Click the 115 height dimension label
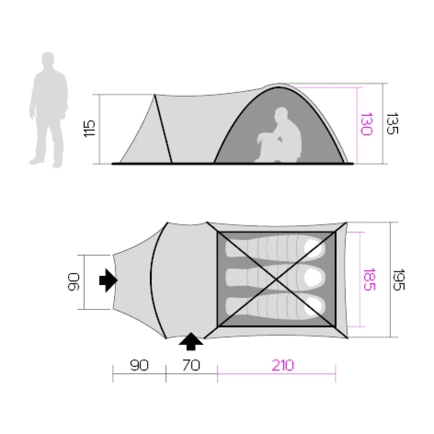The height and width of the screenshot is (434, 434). coord(89,128)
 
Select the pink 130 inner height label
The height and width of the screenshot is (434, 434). coord(366,124)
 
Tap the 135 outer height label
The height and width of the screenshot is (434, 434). coord(392,123)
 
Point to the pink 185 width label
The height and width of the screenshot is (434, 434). coord(369,279)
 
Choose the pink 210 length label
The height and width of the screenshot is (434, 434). coord(283,365)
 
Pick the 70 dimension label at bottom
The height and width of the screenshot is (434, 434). coord(191,365)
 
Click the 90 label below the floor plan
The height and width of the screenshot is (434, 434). coord(139,365)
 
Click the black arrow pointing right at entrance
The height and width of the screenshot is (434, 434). coord(108,280)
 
